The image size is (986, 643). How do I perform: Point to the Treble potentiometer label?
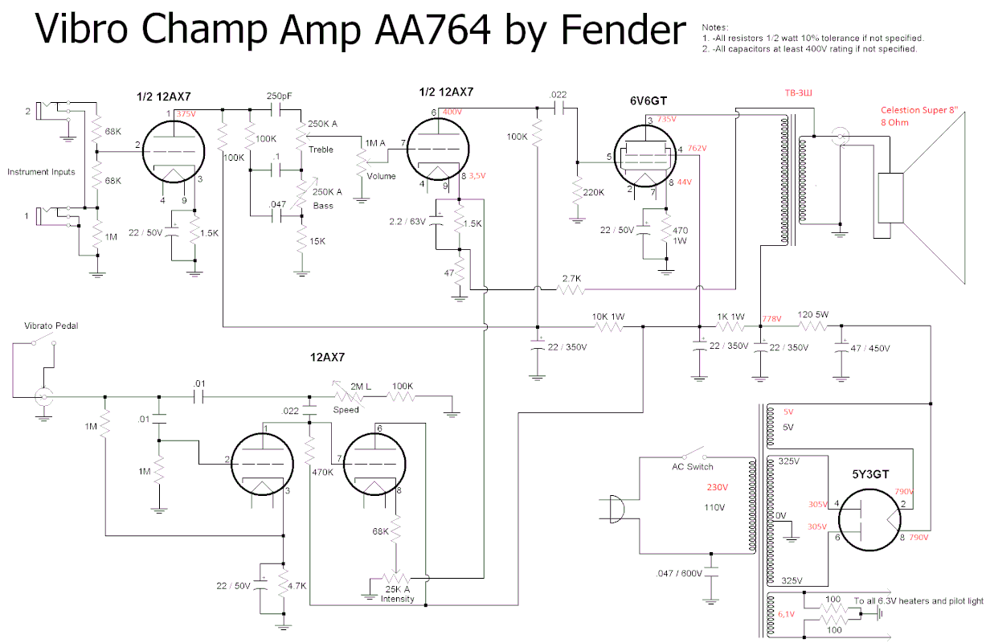(x=321, y=149)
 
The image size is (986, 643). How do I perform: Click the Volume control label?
(x=381, y=176)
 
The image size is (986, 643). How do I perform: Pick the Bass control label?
(x=323, y=206)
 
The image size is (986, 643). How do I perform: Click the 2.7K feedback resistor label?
(x=571, y=278)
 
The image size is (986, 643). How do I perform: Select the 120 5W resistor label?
(x=813, y=315)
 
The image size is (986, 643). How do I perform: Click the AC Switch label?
(x=692, y=466)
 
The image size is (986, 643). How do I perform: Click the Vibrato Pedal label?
(x=51, y=326)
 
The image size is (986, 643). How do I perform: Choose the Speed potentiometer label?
(x=346, y=410)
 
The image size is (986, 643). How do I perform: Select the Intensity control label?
(x=397, y=599)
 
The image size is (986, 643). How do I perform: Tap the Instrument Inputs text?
(x=41, y=172)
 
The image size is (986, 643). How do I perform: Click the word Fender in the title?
(x=623, y=31)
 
